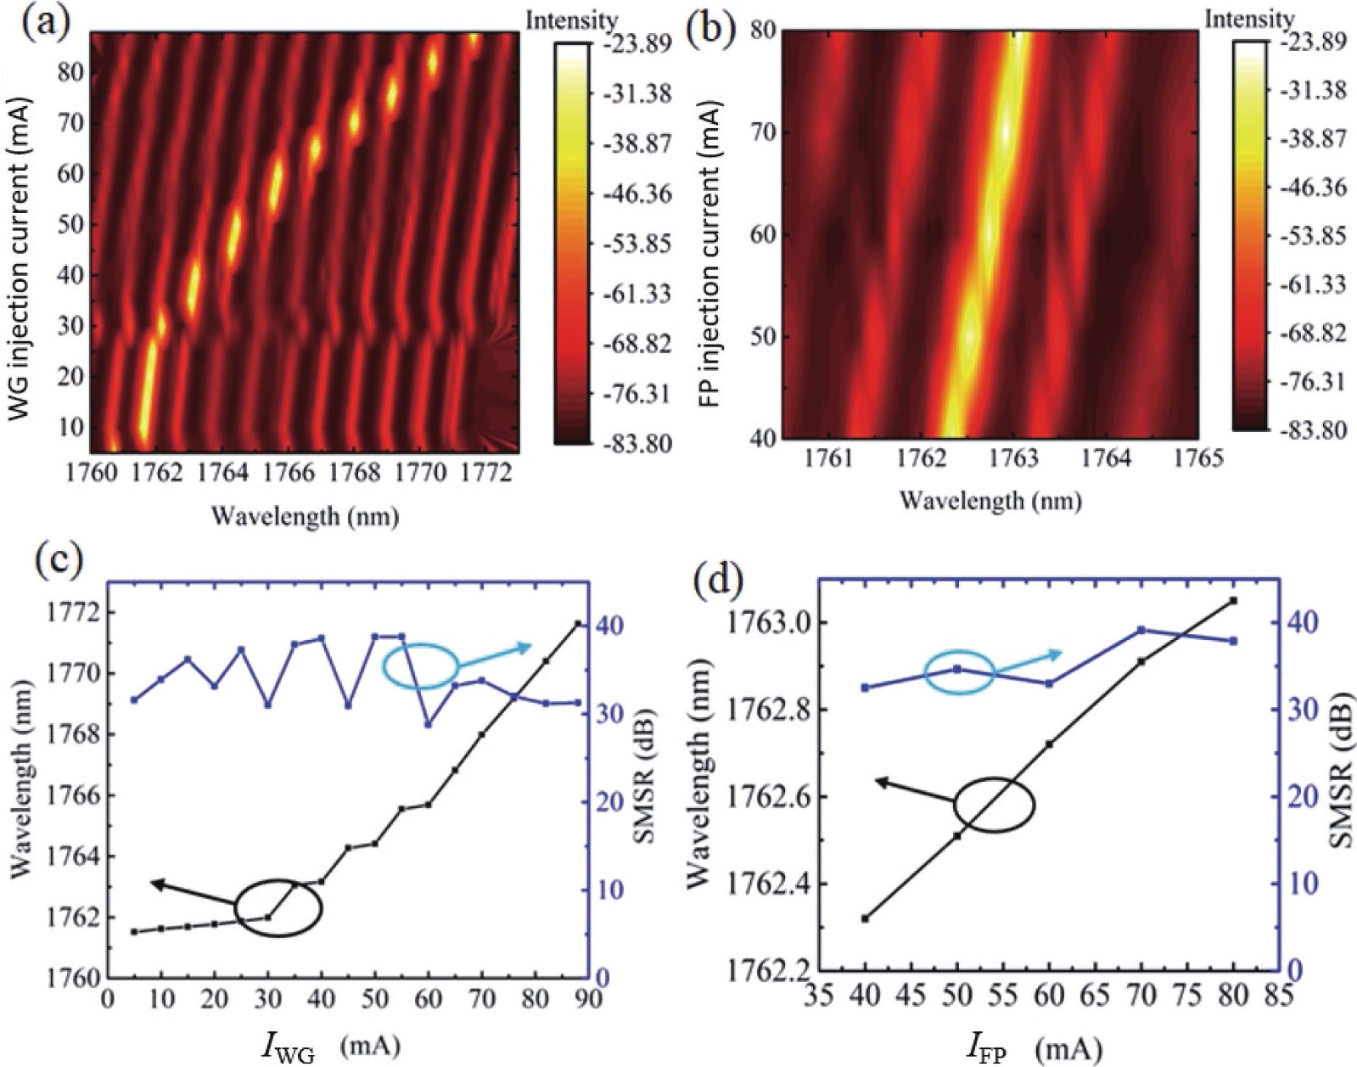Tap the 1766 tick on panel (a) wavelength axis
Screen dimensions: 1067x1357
(x=288, y=473)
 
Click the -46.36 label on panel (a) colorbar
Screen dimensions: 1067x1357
(x=636, y=194)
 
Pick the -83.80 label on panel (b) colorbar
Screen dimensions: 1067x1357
(x=1313, y=430)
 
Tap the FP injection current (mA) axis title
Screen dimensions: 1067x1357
(x=711, y=254)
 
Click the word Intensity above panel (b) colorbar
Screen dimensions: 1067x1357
(x=1249, y=19)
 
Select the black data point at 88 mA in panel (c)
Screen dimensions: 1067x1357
(x=578, y=624)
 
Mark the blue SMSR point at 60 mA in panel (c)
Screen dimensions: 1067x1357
(x=428, y=724)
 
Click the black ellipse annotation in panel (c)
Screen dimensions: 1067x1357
(x=278, y=907)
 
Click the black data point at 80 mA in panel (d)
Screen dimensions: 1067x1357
(x=1233, y=601)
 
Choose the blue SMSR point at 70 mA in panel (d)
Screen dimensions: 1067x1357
(x=1141, y=630)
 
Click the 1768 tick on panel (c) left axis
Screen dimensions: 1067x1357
(x=75, y=734)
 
